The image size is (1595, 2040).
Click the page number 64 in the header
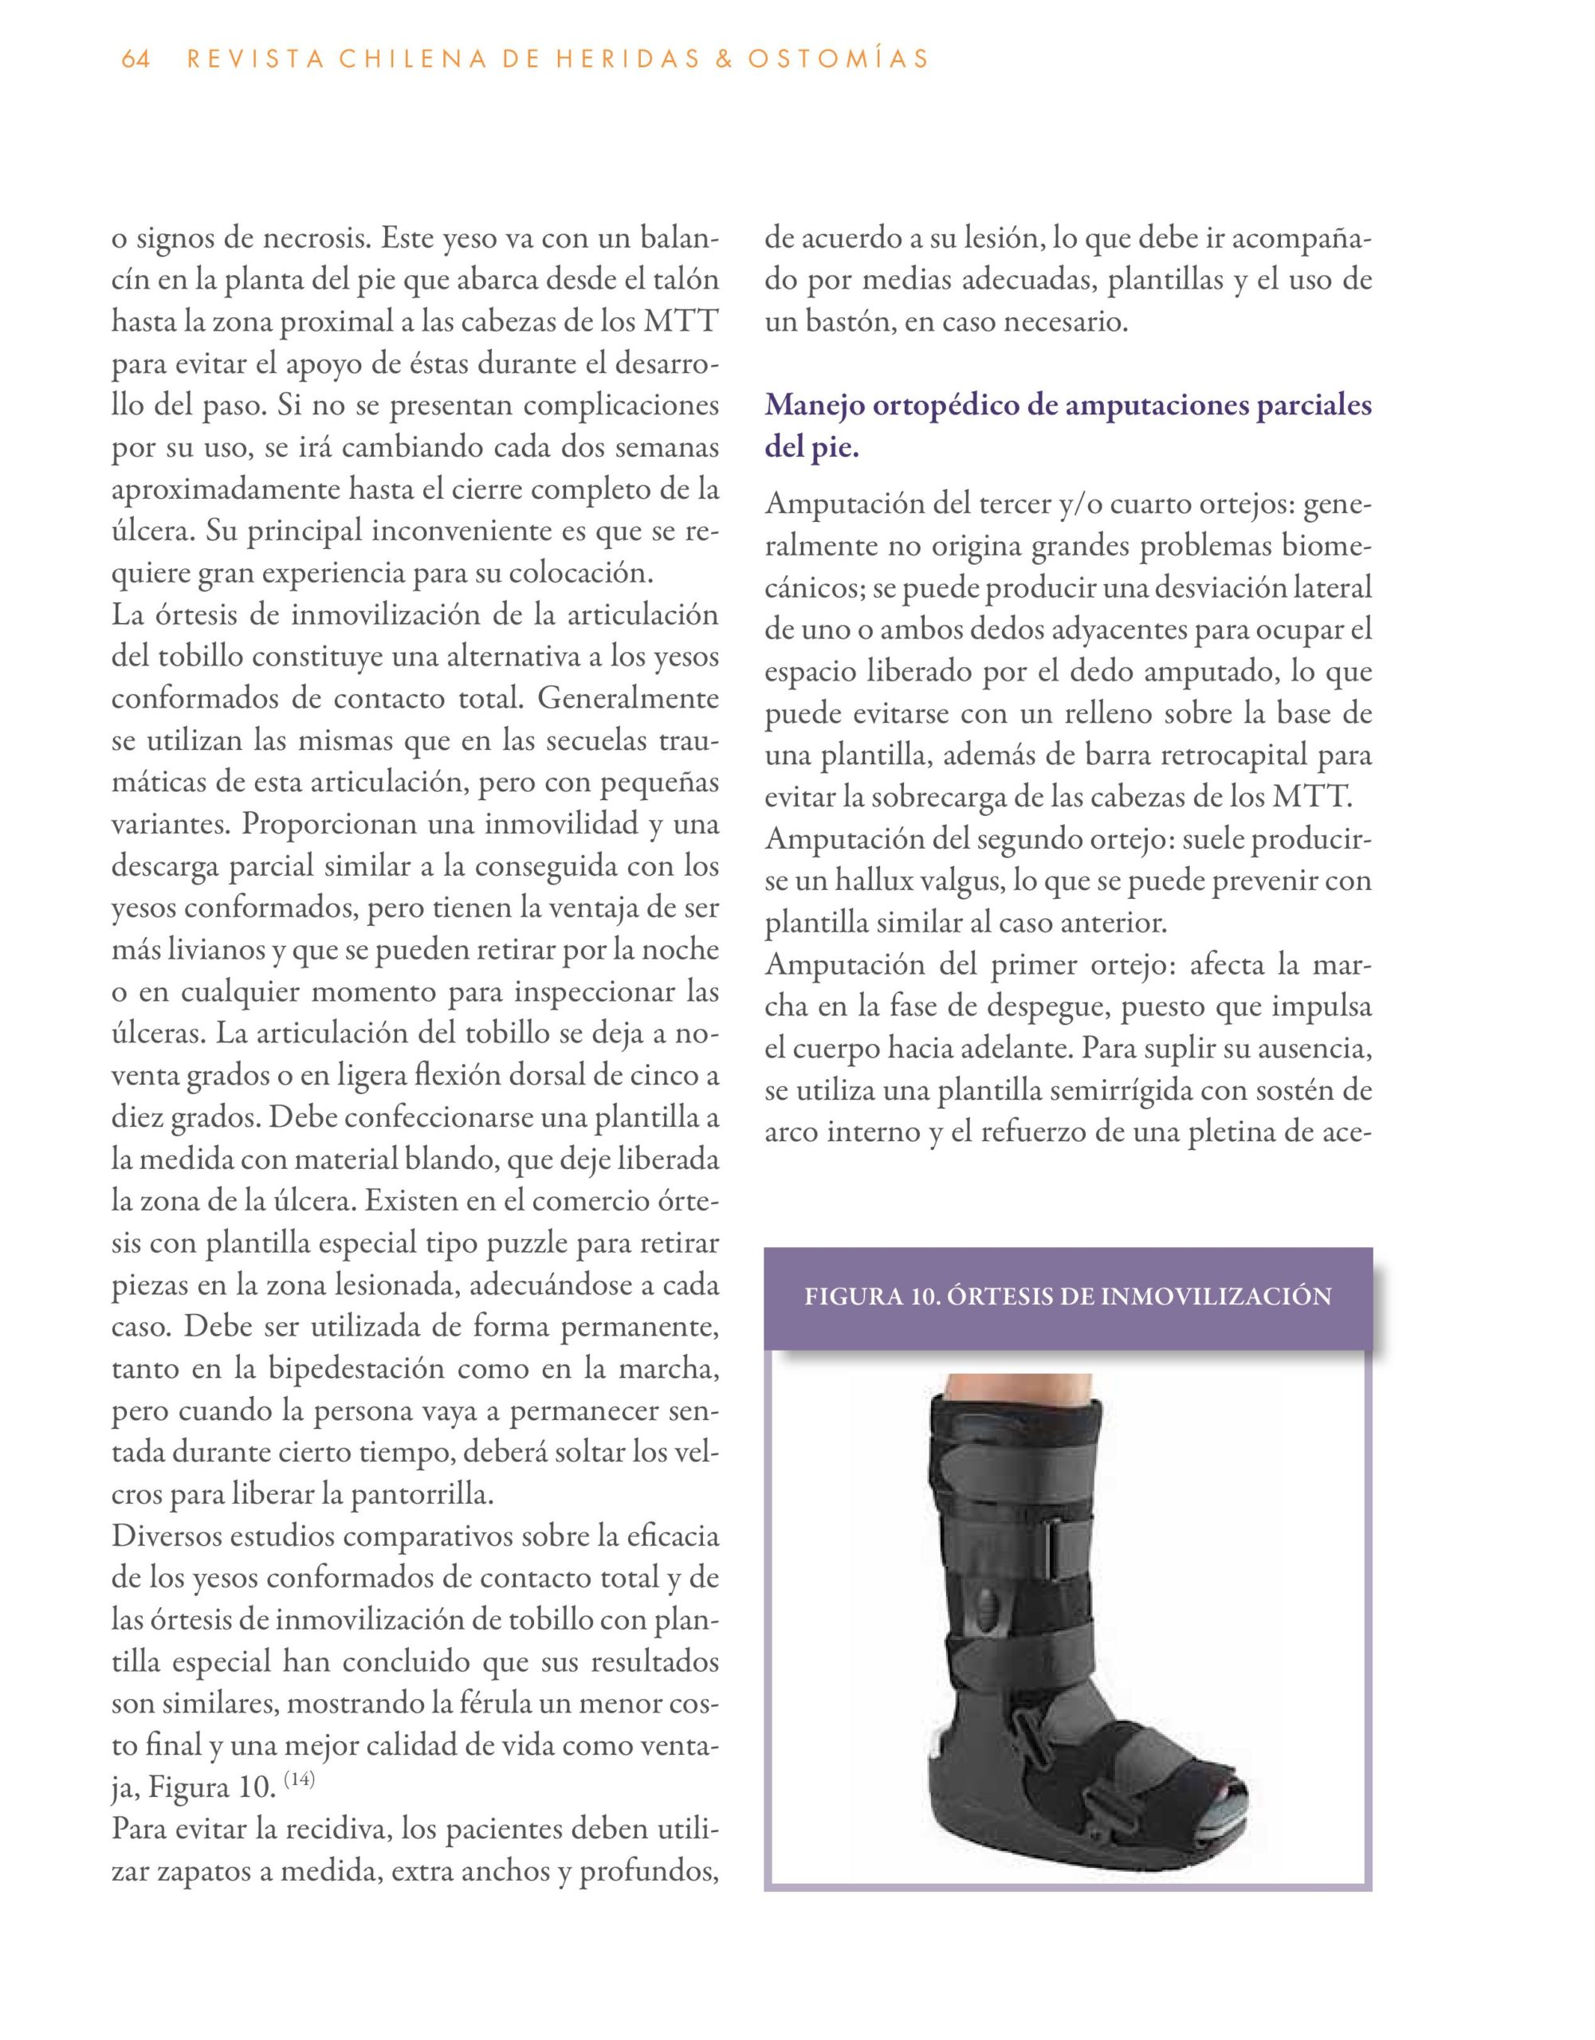tap(136, 60)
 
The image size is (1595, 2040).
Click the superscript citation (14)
tap(299, 1779)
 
